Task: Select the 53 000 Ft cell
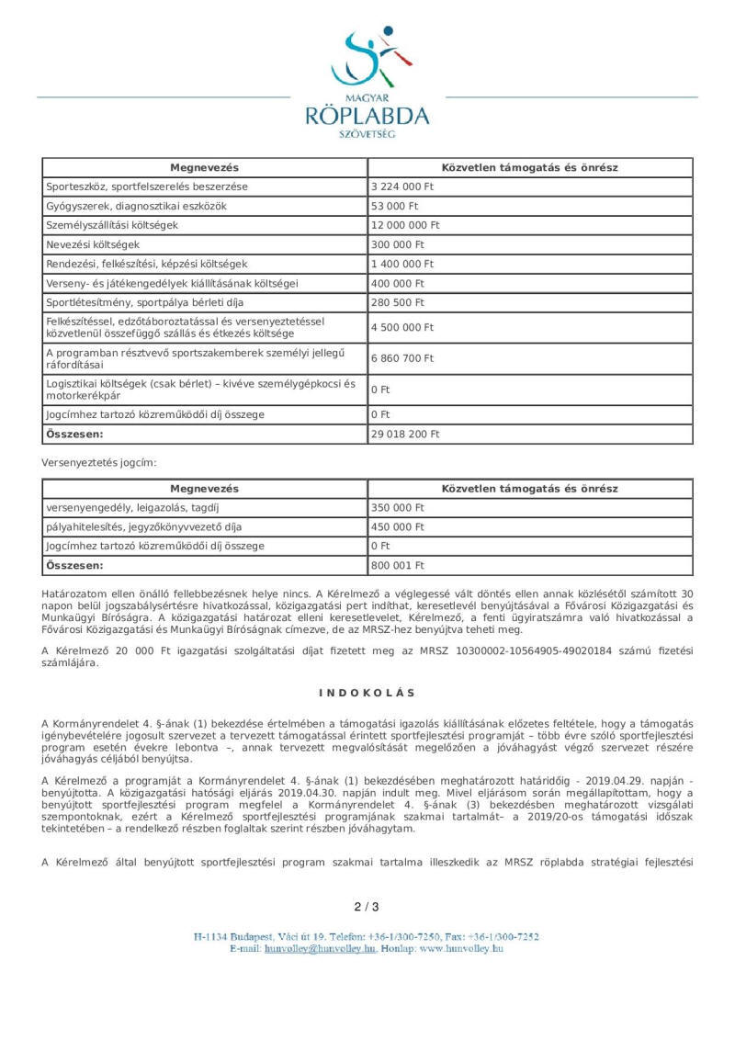(394, 206)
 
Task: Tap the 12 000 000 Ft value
(405, 225)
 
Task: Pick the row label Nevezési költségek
(92, 244)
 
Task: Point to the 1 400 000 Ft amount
(402, 264)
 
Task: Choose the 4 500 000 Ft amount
(402, 327)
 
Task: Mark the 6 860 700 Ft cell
(402, 358)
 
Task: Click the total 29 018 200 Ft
(405, 434)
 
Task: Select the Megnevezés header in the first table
(204, 167)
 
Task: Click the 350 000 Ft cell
(398, 507)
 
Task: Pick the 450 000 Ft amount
(398, 526)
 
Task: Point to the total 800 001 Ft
(398, 565)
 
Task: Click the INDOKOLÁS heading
(367, 693)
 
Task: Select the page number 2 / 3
(367, 907)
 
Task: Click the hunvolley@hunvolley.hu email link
(320, 948)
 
